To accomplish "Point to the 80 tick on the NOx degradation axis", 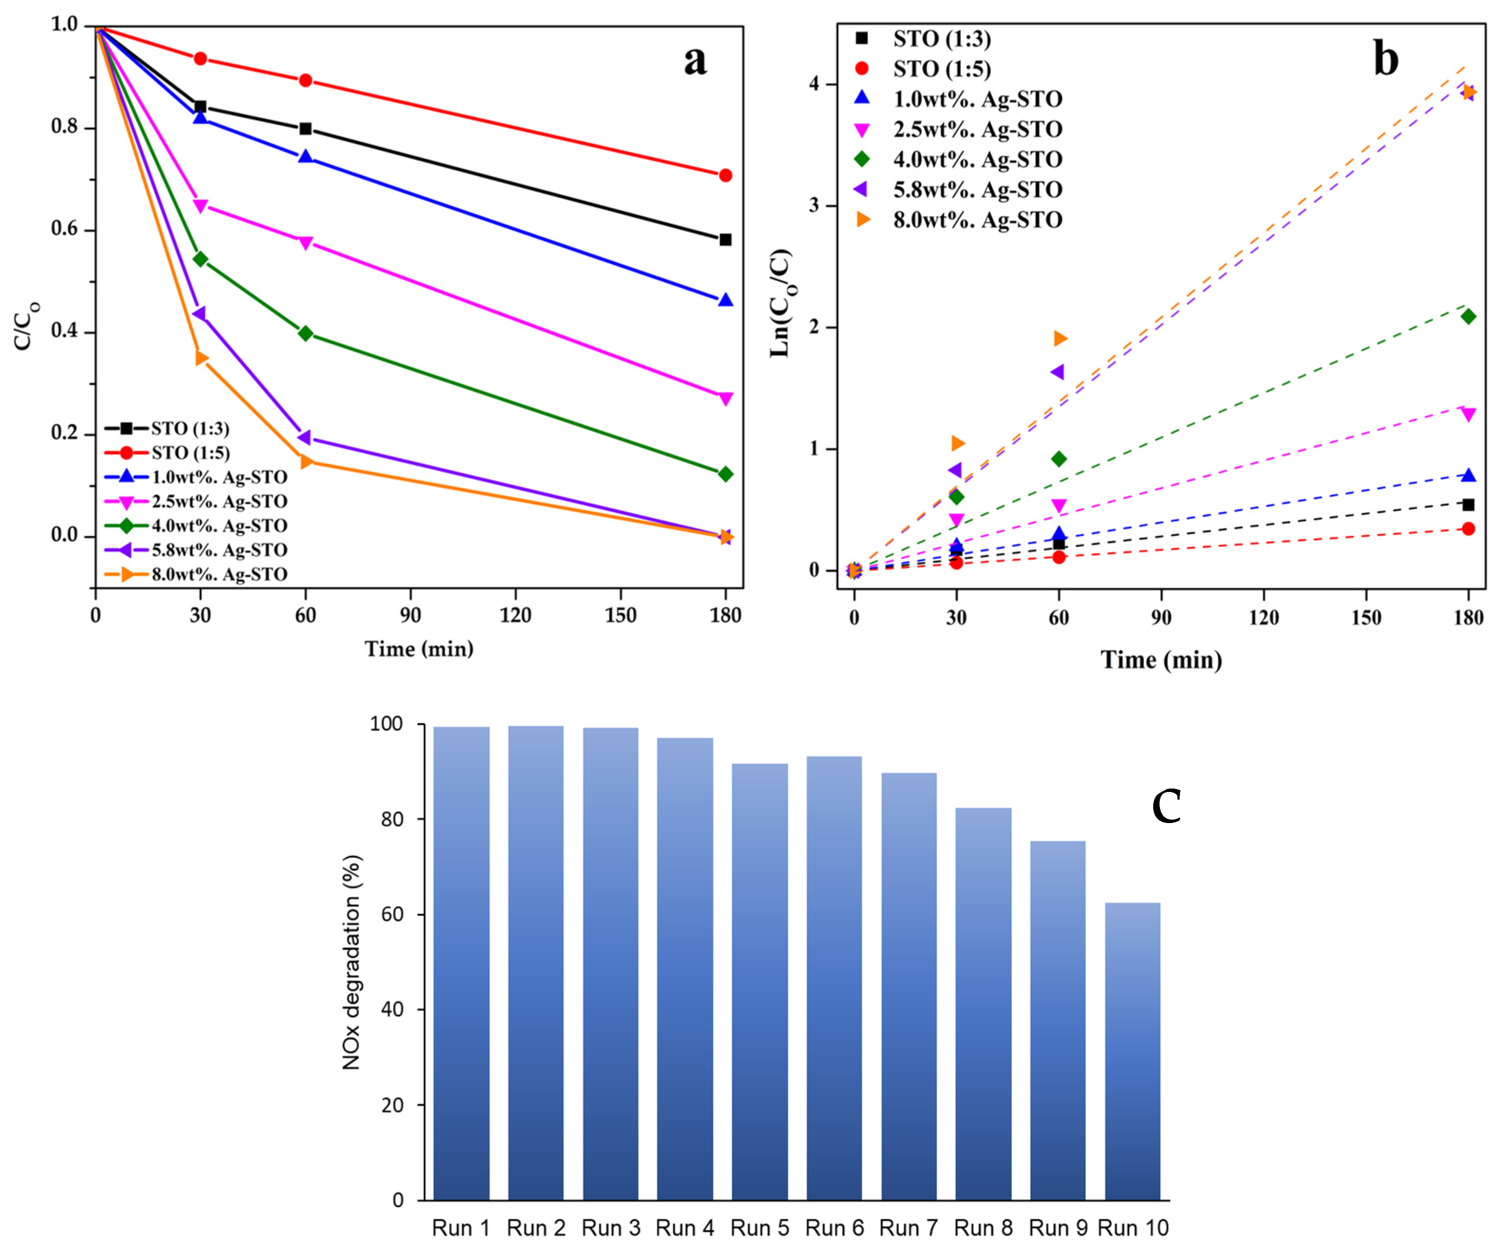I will (391, 819).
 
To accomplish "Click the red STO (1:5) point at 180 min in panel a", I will (726, 175).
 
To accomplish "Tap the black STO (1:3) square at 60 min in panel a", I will (306, 129).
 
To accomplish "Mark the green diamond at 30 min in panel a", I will (201, 259).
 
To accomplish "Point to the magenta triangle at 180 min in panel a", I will (726, 398).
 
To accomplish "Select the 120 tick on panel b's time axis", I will (1263, 617).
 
